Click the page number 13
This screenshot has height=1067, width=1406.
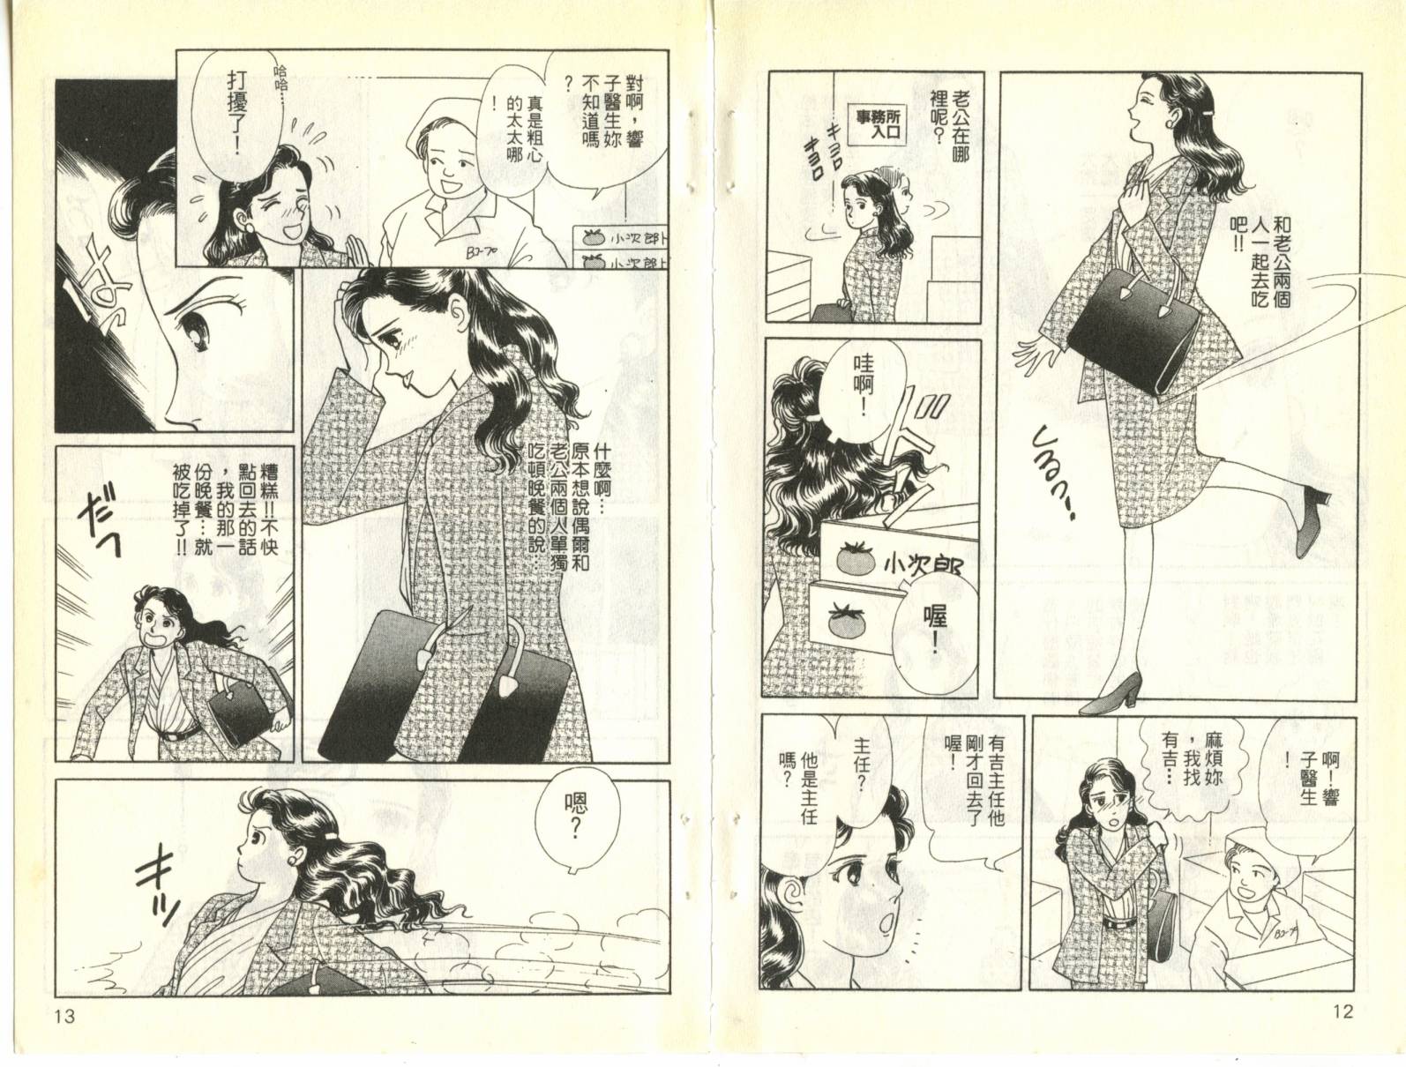(x=65, y=1016)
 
